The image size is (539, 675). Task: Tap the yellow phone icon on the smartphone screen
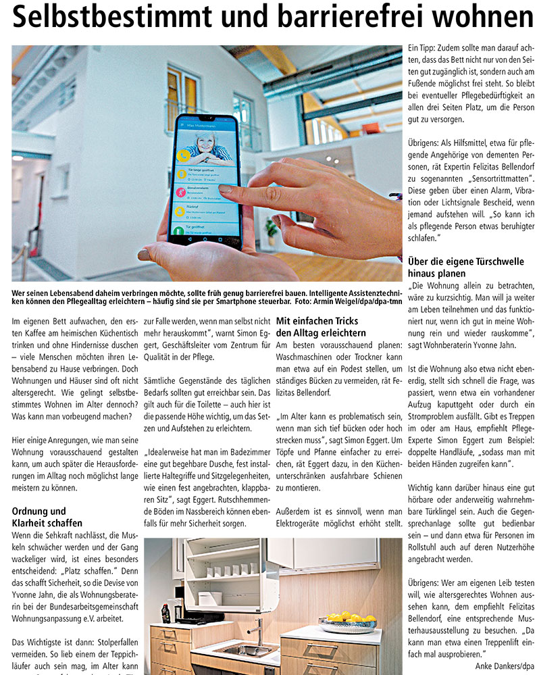click(183, 155)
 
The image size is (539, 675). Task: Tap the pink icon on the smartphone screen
click(181, 192)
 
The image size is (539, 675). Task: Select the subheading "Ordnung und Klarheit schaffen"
click(47, 517)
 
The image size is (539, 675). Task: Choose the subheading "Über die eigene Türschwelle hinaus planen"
click(456, 267)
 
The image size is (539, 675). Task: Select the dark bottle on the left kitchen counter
click(165, 614)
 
